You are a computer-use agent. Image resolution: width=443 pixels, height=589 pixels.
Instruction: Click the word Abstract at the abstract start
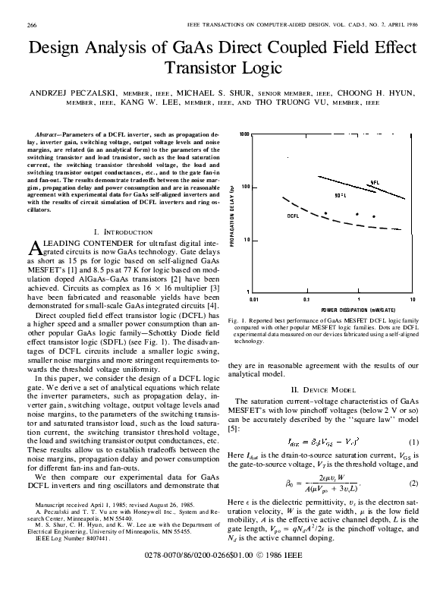click(49, 132)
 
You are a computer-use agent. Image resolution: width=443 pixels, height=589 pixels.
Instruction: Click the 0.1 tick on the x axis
click(306, 300)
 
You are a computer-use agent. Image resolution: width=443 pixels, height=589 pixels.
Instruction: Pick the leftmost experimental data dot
click(325, 214)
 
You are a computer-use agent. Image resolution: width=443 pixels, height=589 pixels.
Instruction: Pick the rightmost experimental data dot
click(373, 216)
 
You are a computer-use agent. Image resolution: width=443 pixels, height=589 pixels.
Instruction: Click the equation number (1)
click(413, 442)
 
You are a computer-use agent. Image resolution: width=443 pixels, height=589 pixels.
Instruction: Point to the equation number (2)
click(413, 483)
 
